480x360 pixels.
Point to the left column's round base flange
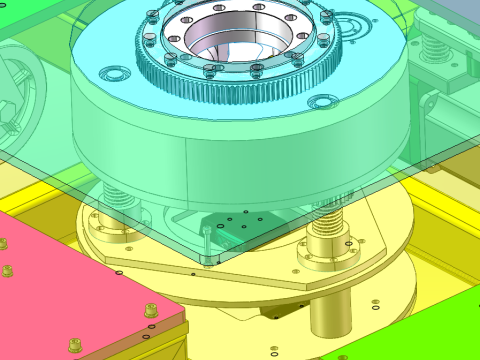click(x=110, y=236)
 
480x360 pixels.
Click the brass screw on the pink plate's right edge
click(x=151, y=310)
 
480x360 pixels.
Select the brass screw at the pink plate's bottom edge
click(x=74, y=347)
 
